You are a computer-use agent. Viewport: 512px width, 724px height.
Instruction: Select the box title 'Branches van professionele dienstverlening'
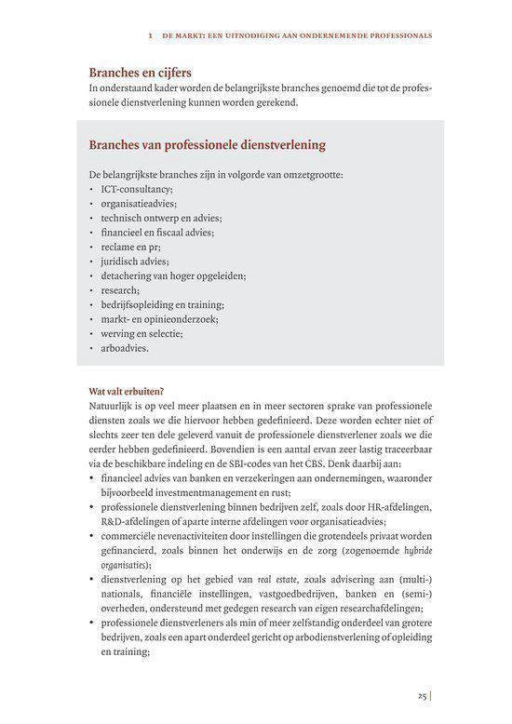pos(207,146)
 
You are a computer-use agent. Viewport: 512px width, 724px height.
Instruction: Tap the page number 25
pos(422,695)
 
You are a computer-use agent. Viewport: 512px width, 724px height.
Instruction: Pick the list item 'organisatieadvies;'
pos(139,203)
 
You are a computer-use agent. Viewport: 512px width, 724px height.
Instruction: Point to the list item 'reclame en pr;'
pos(131,247)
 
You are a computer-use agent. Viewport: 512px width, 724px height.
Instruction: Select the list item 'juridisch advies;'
pos(135,261)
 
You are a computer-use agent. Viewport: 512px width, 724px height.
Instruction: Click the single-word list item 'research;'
pos(121,290)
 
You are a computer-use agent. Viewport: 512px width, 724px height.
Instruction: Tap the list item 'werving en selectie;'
pos(141,333)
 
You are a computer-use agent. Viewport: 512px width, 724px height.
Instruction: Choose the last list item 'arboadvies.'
pos(125,348)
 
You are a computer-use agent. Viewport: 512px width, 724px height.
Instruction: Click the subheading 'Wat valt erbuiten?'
pos(127,391)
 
